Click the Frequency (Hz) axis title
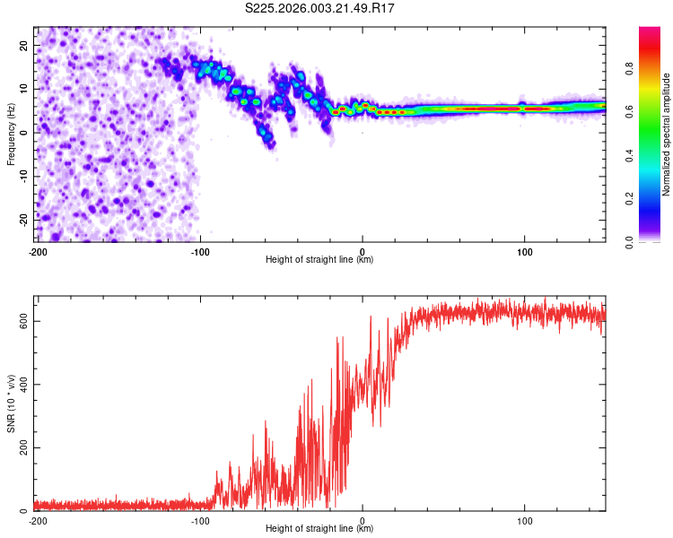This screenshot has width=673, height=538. pos(10,134)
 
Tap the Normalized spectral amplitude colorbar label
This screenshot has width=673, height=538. pos(666,134)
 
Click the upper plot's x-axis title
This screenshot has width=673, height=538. pos(319,259)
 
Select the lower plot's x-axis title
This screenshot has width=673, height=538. pos(319,528)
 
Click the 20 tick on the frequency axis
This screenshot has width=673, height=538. pos(24,45)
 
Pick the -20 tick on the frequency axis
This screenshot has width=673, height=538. pos(22,218)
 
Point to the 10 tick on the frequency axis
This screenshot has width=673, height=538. pos(24,89)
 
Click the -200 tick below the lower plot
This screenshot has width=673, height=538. pos(37,519)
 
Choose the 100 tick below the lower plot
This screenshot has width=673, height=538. pos(524,519)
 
